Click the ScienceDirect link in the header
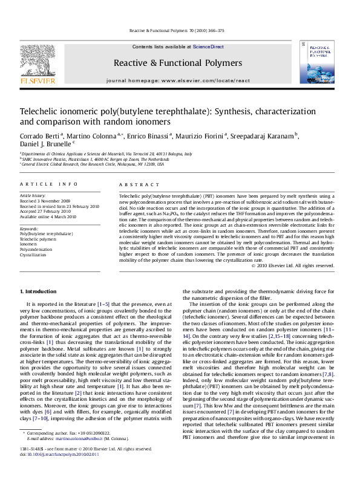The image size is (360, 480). click(208, 47)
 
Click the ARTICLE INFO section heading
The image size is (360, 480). click(48, 184)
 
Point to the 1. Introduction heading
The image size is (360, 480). click(38, 291)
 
